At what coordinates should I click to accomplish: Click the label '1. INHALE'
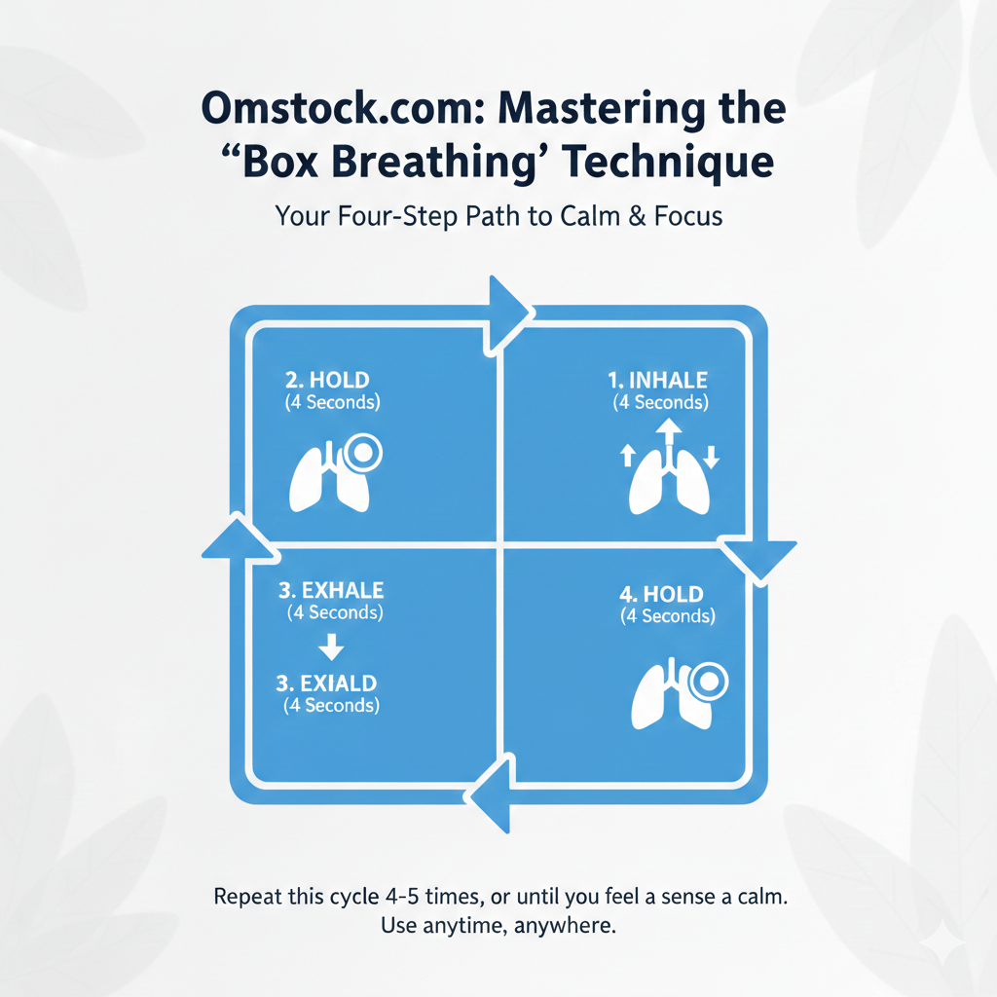[658, 380]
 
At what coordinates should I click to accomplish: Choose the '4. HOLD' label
[661, 594]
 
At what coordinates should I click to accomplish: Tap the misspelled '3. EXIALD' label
[326, 683]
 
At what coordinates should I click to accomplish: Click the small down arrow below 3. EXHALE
[332, 646]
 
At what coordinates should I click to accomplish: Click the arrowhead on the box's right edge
[758, 558]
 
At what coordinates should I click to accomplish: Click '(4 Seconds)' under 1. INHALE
[660, 402]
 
